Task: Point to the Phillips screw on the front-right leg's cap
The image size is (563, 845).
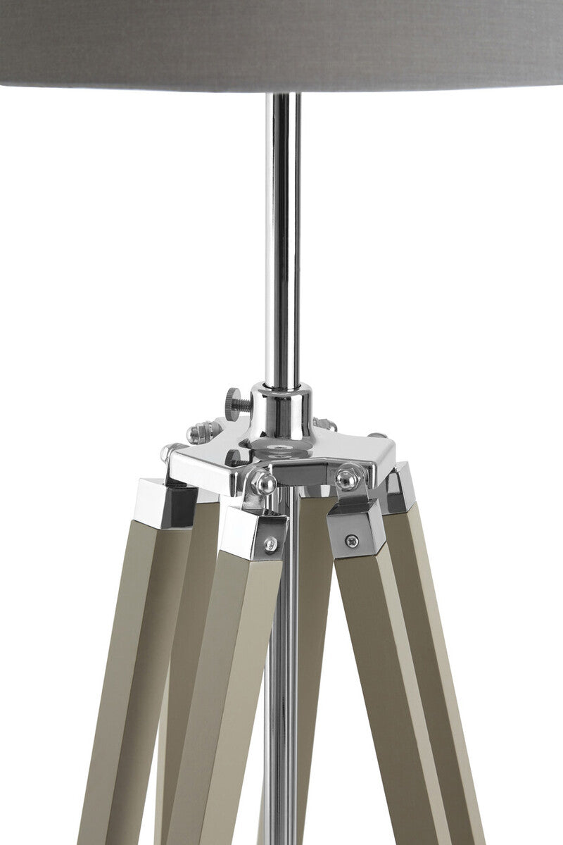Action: pos(350,541)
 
